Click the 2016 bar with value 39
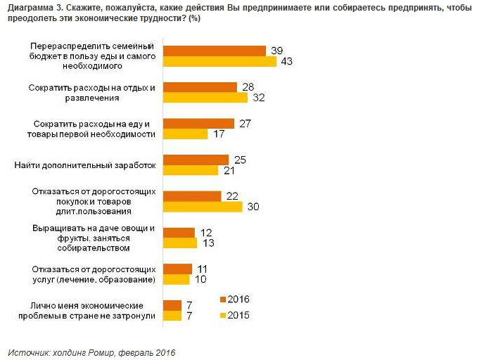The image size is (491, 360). point(214,51)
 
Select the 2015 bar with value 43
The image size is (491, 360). point(219,62)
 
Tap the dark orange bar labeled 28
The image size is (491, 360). point(200,87)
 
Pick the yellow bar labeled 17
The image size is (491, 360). point(185,134)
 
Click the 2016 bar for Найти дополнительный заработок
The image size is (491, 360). point(196,160)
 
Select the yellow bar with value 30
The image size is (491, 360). point(203,207)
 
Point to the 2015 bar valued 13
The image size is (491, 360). point(179,243)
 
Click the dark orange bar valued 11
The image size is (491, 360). point(177,269)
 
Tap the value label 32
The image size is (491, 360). point(258,98)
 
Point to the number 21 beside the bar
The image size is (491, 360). point(228,171)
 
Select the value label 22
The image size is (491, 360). point(231,195)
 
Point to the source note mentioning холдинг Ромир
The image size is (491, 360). point(91,352)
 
